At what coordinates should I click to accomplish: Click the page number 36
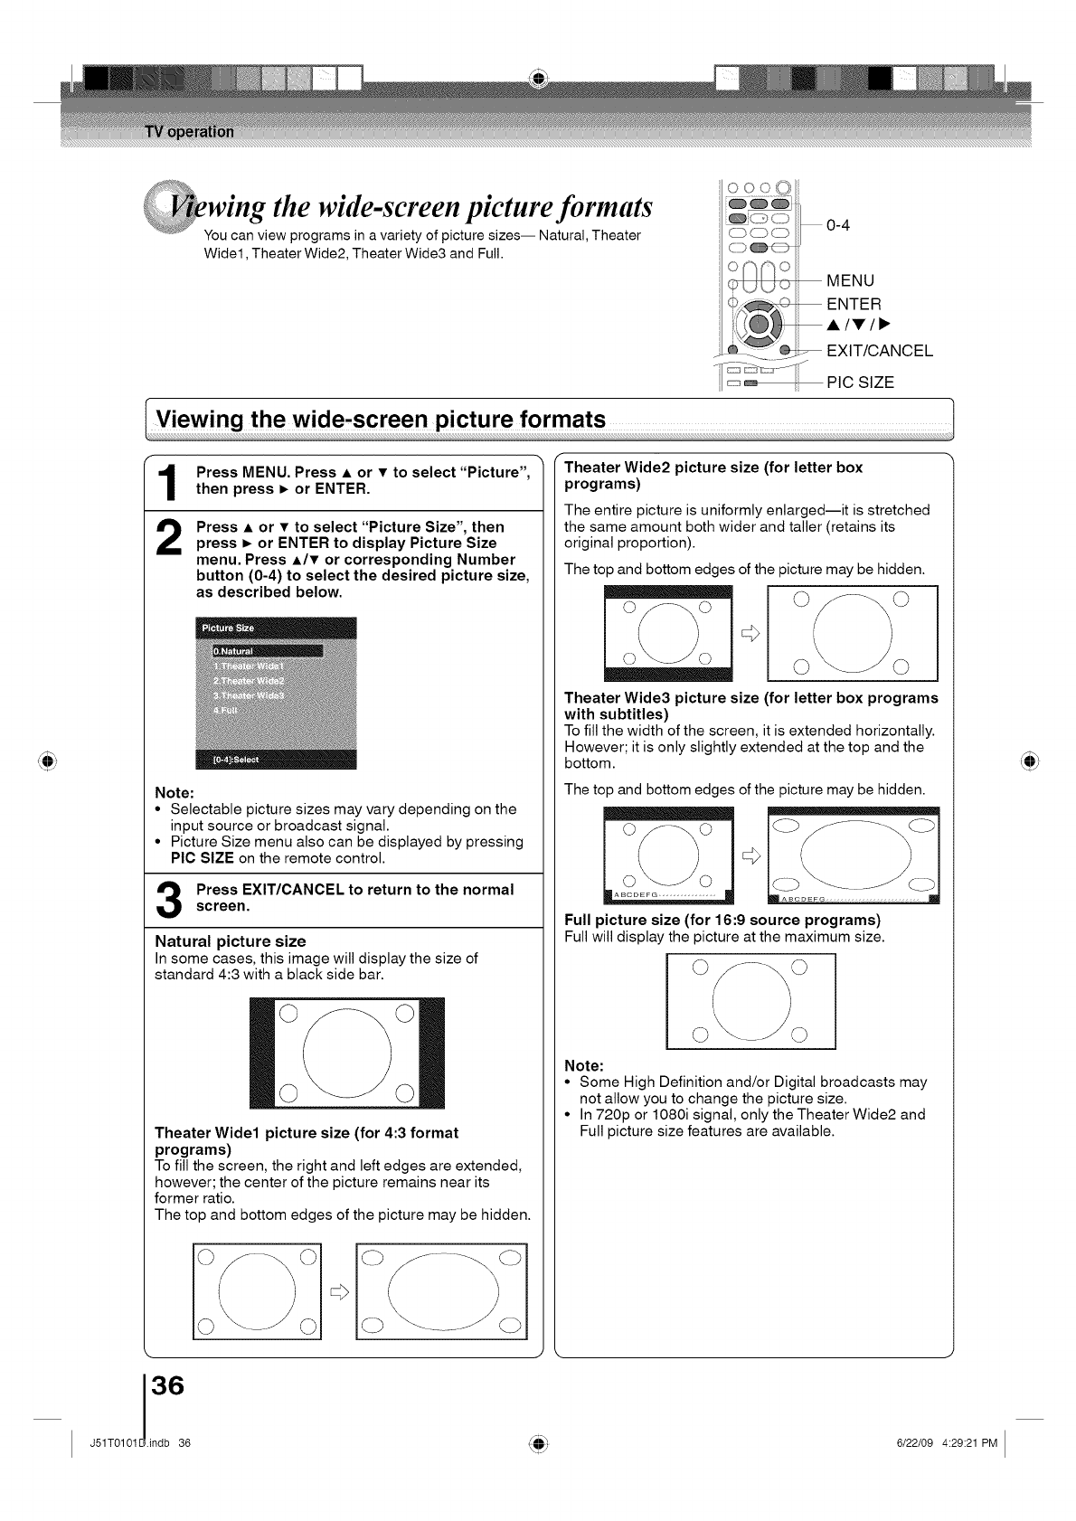point(168,1386)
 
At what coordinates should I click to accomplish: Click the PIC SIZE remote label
point(860,383)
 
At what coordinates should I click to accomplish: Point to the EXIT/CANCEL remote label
point(879,351)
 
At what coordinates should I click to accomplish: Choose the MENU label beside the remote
point(850,280)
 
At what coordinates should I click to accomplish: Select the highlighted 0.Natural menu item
point(267,651)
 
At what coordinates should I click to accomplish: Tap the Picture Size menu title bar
point(276,628)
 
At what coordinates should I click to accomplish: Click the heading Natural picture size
point(231,941)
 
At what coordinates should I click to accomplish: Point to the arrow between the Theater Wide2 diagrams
point(750,634)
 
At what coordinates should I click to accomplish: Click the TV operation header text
point(189,132)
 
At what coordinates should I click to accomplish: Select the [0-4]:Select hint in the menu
point(235,760)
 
